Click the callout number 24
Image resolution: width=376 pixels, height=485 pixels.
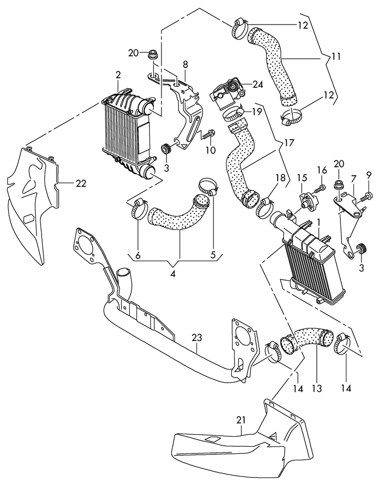coord(257,85)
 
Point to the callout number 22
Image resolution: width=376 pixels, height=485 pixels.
coord(81,184)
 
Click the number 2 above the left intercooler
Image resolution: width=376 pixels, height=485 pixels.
coord(118,75)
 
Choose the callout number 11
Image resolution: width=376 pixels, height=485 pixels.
coord(335,56)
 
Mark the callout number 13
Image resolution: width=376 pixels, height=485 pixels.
coord(317,388)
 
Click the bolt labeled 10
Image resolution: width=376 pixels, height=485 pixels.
coord(209,134)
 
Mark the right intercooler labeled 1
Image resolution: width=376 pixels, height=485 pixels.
coord(311,266)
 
